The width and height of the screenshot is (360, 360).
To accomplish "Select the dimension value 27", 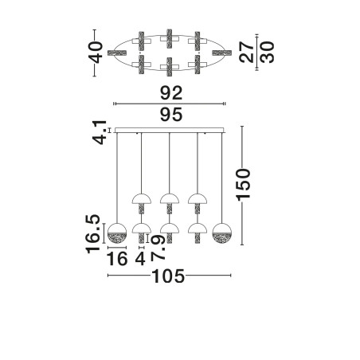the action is pyautogui.click(x=246, y=52).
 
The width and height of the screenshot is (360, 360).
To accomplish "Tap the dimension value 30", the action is pyautogui.click(x=266, y=53).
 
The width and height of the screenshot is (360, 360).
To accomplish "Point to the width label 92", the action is pyautogui.click(x=171, y=93).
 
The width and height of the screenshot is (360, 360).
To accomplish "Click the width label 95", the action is pyautogui.click(x=171, y=115).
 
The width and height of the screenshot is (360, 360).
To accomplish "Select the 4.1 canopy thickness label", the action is pyautogui.click(x=100, y=132).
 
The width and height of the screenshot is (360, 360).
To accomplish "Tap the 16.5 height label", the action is pyautogui.click(x=93, y=234).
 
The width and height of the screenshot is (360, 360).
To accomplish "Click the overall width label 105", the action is pyautogui.click(x=168, y=276).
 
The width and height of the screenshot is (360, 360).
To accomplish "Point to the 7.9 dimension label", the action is pyautogui.click(x=158, y=248).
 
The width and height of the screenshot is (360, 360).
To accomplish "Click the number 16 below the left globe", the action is pyautogui.click(x=117, y=259).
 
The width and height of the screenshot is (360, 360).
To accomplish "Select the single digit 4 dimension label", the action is pyautogui.click(x=140, y=259).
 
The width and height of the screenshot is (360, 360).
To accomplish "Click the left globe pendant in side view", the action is pyautogui.click(x=117, y=233).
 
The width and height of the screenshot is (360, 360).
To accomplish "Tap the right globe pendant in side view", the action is pyautogui.click(x=222, y=233).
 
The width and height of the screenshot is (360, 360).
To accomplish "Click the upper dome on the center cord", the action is pyautogui.click(x=170, y=199).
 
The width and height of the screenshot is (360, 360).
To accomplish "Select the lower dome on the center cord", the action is pyautogui.click(x=170, y=229).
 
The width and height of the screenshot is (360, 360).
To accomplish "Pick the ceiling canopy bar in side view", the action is pyautogui.click(x=170, y=130).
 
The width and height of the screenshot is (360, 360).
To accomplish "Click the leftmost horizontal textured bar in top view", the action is pyautogui.click(x=118, y=53).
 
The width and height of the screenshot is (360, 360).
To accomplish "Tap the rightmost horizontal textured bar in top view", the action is pyautogui.click(x=222, y=53).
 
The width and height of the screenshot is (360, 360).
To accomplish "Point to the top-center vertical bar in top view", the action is pyautogui.click(x=170, y=39).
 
